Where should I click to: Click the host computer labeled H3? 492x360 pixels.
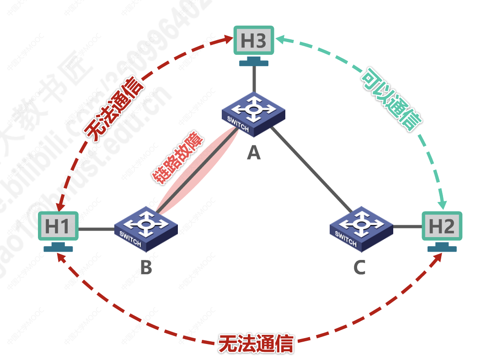click(253, 42)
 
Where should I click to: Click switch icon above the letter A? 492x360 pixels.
click(253, 114)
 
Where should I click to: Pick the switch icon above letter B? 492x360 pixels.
click(146, 228)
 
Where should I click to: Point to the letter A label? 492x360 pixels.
click(253, 153)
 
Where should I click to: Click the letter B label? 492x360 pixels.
click(146, 268)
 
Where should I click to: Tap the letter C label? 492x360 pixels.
click(359, 268)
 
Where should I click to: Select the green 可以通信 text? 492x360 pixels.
click(391, 99)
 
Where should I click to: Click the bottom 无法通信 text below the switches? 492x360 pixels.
click(256, 344)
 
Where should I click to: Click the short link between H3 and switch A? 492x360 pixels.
click(253, 80)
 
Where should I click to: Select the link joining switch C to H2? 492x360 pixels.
click(407, 226)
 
